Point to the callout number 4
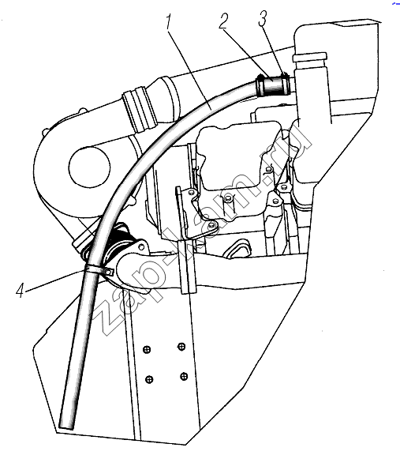tap(20, 290)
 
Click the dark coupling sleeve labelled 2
tap(272, 85)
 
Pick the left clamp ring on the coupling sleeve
tap(260, 85)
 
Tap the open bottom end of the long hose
tap(66, 427)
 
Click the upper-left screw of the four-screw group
tap(147, 349)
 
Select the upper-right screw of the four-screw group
tap(181, 347)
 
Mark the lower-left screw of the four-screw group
tap(149, 379)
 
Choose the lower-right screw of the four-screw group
tap(183, 376)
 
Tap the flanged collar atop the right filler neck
tap(310, 57)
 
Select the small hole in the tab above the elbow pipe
tap(141, 247)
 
